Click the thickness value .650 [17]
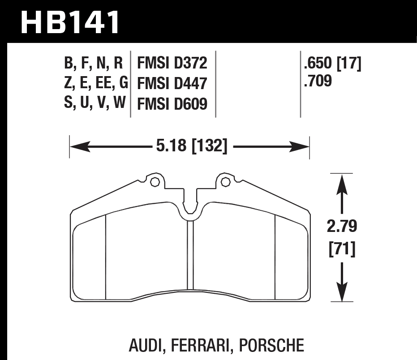tap(332, 64)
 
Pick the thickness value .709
tap(318, 82)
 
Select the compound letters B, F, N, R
tap(93, 64)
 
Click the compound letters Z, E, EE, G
tap(96, 83)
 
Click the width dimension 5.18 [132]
tap(189, 146)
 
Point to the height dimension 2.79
tap(342, 227)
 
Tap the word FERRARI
tap(202, 345)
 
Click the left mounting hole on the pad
tap(155, 182)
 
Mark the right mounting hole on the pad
tap(225, 182)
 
